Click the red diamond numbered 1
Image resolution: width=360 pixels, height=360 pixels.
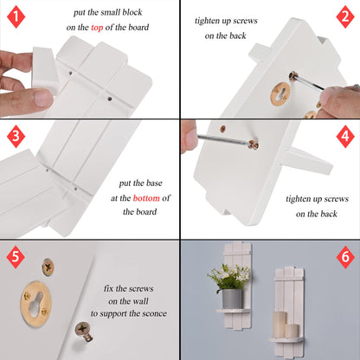pyautogui.click(x=16, y=16)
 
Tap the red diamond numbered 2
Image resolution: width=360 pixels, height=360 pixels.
pyautogui.click(x=345, y=16)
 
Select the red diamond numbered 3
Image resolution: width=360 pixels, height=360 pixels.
pyautogui.click(x=16, y=136)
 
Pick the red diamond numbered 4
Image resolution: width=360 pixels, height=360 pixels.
pyautogui.click(x=345, y=136)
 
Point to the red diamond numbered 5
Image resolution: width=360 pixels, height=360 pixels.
pyautogui.click(x=16, y=257)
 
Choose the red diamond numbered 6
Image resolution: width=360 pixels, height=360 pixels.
pyautogui.click(x=345, y=257)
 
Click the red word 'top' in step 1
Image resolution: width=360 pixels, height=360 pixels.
pyautogui.click(x=97, y=28)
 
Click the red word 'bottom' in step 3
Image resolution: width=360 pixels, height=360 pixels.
pyautogui.click(x=146, y=198)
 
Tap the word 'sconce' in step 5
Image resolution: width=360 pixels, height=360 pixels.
pyautogui.click(x=153, y=313)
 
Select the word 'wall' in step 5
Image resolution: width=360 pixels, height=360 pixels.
pyautogui.click(x=140, y=301)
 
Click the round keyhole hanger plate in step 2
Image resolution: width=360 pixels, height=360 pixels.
pyautogui.click(x=280, y=93)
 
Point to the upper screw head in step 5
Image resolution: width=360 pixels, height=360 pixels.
pyautogui.click(x=48, y=267)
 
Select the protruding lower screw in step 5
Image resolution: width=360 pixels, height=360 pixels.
pyautogui.click(x=84, y=331)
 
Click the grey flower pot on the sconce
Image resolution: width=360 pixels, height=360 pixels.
pyautogui.click(x=232, y=299)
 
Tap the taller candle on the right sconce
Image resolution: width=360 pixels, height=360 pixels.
pyautogui.click(x=280, y=325)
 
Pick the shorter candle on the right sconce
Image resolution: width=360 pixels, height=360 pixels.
pyautogui.click(x=292, y=331)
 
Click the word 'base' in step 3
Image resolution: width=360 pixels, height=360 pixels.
pyautogui.click(x=154, y=183)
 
